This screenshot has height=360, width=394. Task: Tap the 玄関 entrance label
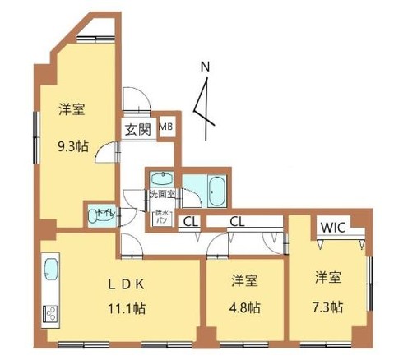137,129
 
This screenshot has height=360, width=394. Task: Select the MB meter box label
166,127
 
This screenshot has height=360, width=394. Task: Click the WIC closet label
332,226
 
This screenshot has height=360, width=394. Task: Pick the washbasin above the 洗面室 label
163,178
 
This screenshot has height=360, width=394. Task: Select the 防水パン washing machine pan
162,218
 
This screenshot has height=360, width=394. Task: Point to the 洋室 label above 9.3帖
72,109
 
